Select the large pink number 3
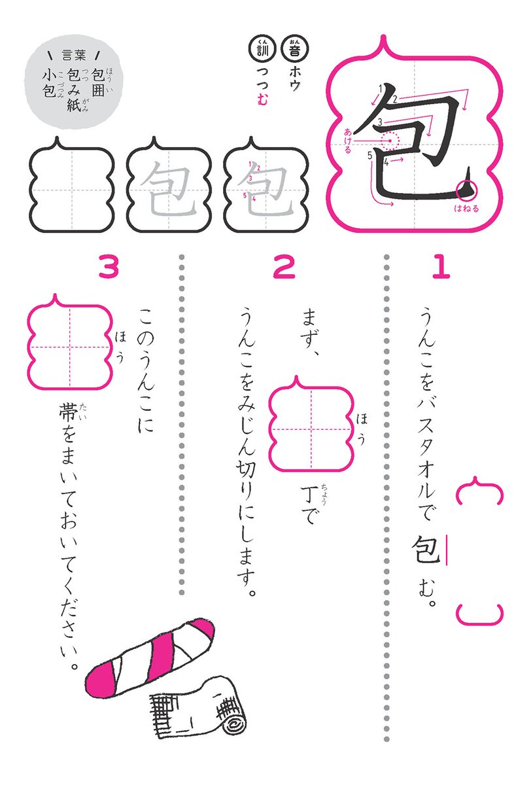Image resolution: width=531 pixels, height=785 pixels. [109, 268]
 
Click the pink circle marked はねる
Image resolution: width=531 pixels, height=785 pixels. [467, 190]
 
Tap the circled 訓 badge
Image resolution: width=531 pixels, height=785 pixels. [261, 48]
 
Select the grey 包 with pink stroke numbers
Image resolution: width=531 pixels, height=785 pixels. [266, 188]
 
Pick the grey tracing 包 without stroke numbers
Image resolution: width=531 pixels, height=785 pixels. [167, 188]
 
